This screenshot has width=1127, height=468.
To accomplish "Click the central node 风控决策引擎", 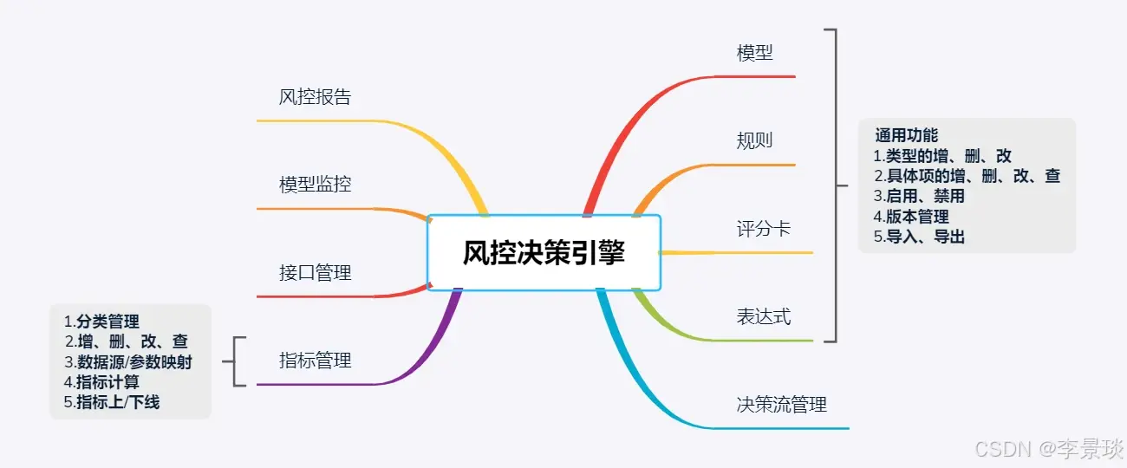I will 544,253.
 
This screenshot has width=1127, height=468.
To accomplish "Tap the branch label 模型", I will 754,53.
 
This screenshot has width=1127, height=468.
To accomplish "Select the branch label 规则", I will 754,140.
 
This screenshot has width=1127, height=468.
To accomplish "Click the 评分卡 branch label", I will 764,230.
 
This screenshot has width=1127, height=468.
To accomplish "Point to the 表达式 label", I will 764,317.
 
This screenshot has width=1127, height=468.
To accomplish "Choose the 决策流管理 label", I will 782,405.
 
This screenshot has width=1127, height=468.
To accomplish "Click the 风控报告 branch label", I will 315,97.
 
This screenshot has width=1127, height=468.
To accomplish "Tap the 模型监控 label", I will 315,185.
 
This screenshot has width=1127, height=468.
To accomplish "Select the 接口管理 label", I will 315,273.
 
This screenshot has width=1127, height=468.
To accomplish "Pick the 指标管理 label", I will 315,361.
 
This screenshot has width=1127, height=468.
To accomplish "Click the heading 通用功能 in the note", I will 906,136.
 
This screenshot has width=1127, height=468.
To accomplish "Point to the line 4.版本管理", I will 911,217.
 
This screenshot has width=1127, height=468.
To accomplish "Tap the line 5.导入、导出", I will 919,237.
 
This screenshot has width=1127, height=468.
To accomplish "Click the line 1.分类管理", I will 101,322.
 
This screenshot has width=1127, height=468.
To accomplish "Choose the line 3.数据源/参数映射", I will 128,362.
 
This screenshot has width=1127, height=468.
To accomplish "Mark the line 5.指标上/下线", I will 112,402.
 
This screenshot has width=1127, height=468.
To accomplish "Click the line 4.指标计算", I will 101,382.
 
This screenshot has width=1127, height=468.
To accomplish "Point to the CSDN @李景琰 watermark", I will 1049,449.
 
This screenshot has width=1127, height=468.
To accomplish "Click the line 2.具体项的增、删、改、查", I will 967,177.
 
